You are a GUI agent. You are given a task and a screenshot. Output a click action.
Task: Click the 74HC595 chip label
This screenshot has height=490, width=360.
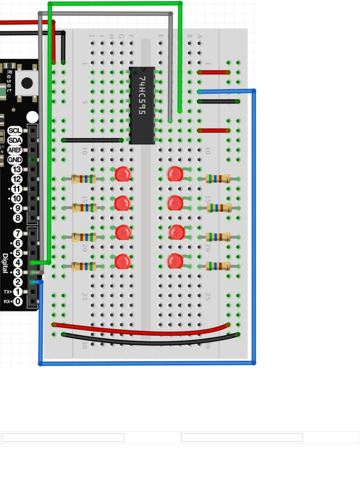click(x=142, y=95)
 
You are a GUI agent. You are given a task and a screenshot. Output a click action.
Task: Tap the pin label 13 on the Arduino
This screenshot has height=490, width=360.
click(x=17, y=169)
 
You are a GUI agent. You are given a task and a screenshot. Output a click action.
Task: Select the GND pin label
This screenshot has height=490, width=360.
click(x=15, y=160)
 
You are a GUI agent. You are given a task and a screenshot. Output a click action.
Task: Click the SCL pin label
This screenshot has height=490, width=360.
click(x=15, y=131)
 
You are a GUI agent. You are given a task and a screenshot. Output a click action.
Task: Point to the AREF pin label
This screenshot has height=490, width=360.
click(x=15, y=150)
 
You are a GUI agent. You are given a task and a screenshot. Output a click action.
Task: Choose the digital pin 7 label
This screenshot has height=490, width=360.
click(x=18, y=234)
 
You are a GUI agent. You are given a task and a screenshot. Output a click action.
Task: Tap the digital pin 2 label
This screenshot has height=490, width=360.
click(x=18, y=282)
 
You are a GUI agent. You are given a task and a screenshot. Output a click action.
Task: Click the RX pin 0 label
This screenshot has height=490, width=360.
click(x=17, y=301)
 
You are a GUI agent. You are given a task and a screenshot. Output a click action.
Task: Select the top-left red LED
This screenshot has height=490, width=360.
click(x=123, y=174)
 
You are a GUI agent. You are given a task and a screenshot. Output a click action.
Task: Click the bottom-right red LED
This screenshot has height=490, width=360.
click(x=175, y=261)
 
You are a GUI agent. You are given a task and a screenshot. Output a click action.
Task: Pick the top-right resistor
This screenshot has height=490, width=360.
click(x=218, y=178)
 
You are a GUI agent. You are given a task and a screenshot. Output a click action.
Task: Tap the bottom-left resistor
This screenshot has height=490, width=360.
click(x=83, y=266)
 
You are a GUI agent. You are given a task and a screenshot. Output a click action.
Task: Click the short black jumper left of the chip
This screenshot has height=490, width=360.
click(x=93, y=140)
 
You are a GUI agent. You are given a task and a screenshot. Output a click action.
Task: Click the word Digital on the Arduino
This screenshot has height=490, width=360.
click(x=5, y=263)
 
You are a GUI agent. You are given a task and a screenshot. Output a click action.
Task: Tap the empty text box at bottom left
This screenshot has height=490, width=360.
click(x=63, y=438)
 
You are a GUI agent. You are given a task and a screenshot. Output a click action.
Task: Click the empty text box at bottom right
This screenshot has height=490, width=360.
click(x=242, y=438)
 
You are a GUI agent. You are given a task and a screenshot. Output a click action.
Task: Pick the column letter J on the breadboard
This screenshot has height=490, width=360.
click(x=92, y=36)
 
